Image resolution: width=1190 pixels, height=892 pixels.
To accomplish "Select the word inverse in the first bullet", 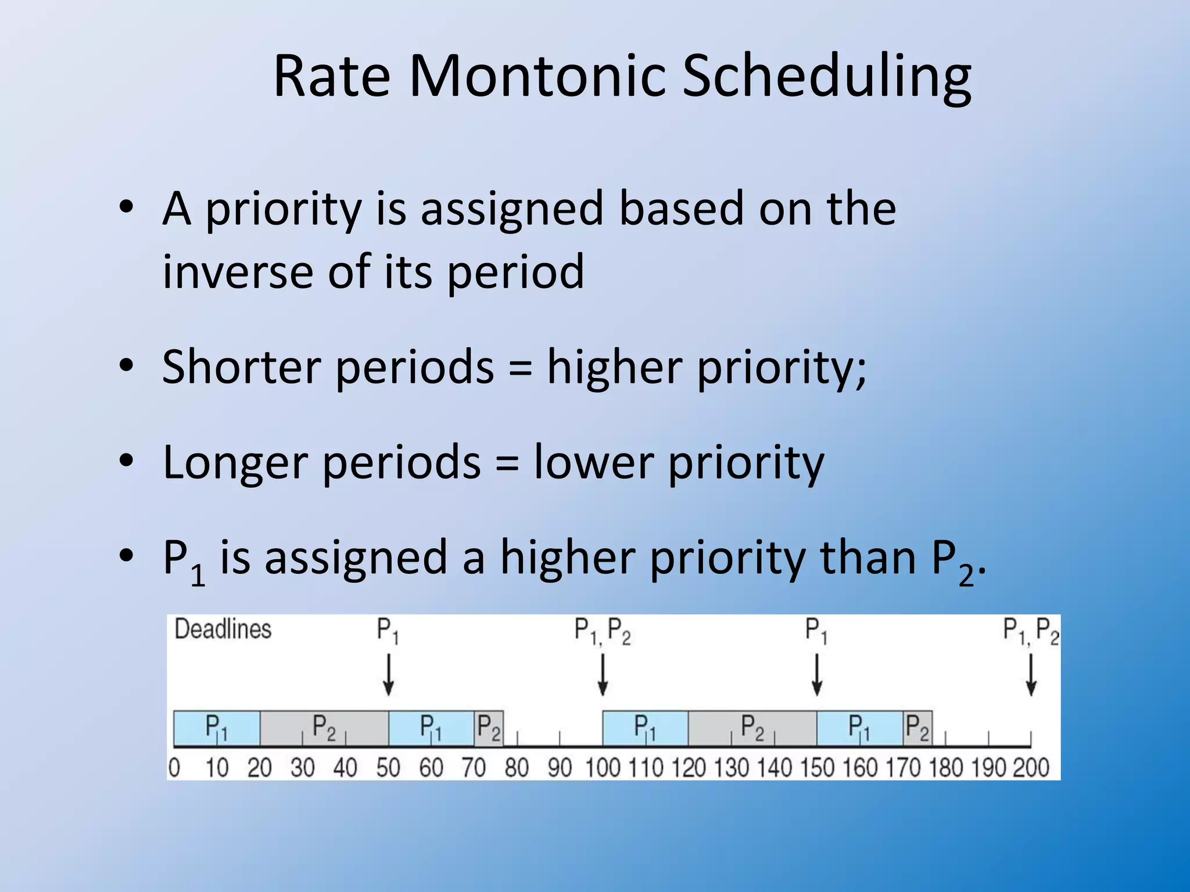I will (x=237, y=271).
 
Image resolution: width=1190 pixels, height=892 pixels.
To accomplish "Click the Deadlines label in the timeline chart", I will (x=223, y=629).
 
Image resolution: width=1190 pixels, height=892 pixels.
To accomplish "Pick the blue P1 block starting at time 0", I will (x=216, y=728).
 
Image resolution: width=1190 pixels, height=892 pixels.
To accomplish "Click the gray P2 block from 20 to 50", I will (x=324, y=728).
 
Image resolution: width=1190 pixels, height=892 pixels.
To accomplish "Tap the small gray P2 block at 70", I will (x=489, y=728).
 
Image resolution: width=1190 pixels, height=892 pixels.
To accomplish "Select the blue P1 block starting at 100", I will (x=645, y=728).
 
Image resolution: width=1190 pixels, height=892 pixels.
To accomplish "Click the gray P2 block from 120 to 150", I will (x=752, y=728).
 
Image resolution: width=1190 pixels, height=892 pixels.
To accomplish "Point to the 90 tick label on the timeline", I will (x=560, y=768).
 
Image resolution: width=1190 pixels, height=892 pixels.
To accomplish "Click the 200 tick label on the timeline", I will (x=1031, y=768).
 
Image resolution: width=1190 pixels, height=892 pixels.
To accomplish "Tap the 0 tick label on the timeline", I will (x=174, y=768).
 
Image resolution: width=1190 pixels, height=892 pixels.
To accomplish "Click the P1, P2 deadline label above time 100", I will (x=603, y=631).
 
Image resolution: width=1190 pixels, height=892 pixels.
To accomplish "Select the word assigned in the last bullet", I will (x=356, y=558).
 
